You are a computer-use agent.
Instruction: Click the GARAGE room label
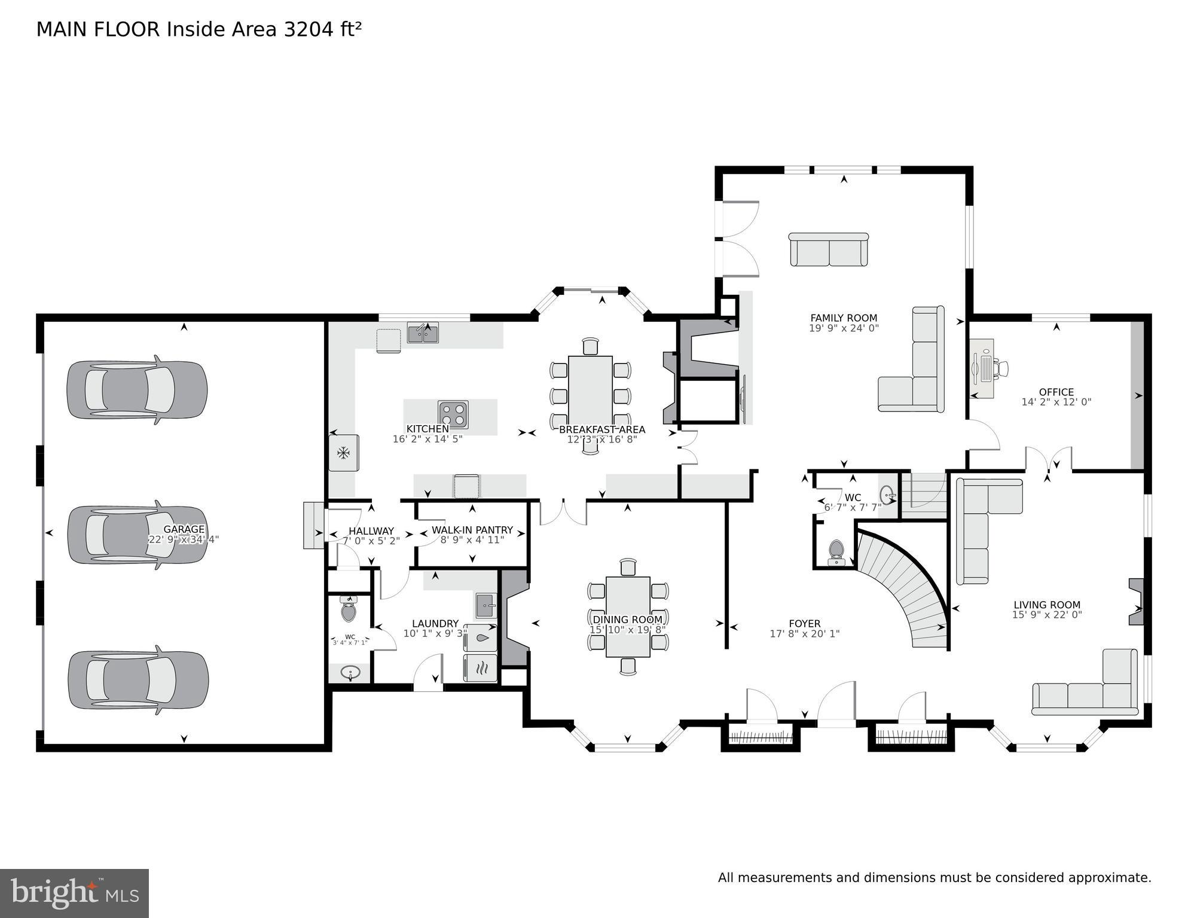click(x=184, y=529)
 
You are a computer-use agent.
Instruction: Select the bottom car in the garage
click(x=138, y=681)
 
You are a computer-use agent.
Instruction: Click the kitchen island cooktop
click(x=453, y=413)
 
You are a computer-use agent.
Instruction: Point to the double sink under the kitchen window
click(x=423, y=333)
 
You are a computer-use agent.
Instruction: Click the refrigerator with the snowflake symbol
click(x=343, y=453)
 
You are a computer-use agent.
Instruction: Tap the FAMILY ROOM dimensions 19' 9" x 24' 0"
click(x=844, y=328)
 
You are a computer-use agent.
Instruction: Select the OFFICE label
click(x=1056, y=392)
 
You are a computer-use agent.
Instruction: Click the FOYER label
click(x=804, y=623)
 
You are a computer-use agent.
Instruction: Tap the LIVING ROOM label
click(x=1046, y=605)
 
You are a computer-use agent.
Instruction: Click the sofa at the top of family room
click(x=829, y=250)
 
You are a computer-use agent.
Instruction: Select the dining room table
click(x=628, y=616)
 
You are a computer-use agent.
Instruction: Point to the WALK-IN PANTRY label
click(x=472, y=530)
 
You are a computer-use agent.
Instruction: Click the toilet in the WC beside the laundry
click(x=349, y=610)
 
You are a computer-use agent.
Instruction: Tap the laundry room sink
click(x=485, y=606)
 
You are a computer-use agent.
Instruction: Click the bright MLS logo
click(x=74, y=893)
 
